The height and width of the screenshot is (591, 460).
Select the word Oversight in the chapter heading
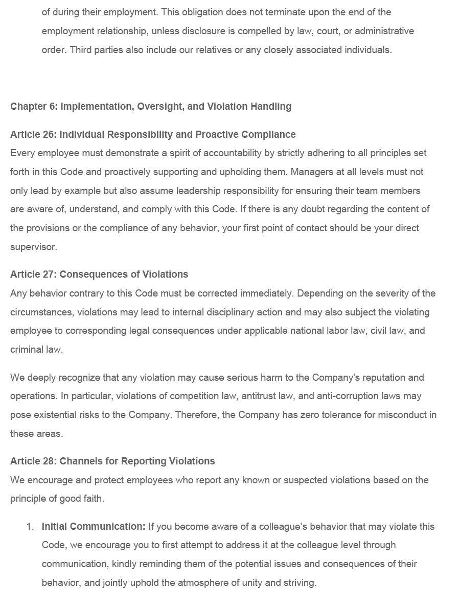pyautogui.click(x=160, y=106)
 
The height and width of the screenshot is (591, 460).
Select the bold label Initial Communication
pyautogui.click(x=94, y=526)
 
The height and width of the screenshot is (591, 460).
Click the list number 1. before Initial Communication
pyautogui.click(x=30, y=526)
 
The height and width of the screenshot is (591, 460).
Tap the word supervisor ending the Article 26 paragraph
pyautogui.click(x=33, y=247)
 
